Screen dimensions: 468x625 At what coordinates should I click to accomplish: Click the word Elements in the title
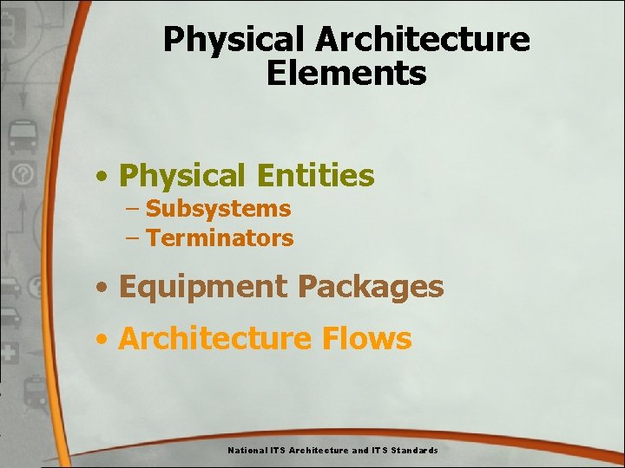tap(346, 73)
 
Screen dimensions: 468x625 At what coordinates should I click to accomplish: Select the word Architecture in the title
tap(422, 39)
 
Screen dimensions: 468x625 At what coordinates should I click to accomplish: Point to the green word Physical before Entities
tap(182, 176)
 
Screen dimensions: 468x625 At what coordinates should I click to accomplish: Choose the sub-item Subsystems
tap(218, 209)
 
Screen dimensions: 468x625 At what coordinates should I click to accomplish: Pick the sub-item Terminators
tap(220, 238)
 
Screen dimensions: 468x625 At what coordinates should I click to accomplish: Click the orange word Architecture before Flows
tap(216, 338)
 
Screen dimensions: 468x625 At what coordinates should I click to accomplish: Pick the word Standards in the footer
tap(414, 451)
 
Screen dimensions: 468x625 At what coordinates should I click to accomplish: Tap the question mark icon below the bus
tap(23, 174)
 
